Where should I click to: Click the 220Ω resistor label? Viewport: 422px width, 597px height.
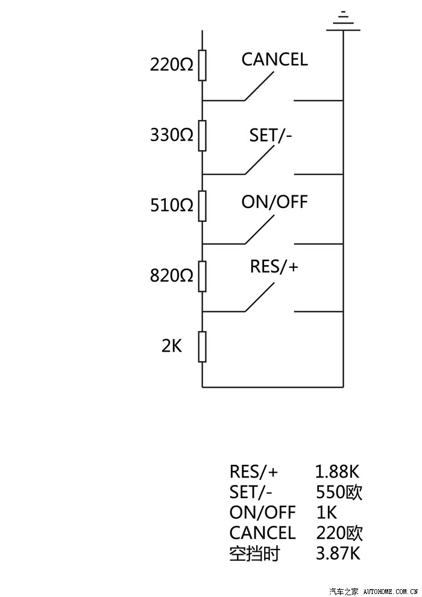coord(172,64)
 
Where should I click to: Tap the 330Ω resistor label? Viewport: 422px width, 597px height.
coord(172,134)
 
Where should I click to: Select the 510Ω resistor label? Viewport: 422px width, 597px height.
coord(172,205)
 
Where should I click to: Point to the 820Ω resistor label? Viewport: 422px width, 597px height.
coord(172,276)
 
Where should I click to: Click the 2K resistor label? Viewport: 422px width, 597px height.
coord(172,346)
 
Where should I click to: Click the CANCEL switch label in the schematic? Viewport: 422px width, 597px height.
coord(274,60)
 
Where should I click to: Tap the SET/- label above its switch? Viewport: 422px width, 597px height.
coord(271,136)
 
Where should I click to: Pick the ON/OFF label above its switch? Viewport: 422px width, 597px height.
coord(274,202)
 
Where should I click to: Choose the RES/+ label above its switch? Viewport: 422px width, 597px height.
coord(274,267)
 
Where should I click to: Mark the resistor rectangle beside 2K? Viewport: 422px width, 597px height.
coord(203,347)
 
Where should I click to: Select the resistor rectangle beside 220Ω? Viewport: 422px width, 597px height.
coord(203,65)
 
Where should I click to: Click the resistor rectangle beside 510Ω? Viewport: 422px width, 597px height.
coord(203,206)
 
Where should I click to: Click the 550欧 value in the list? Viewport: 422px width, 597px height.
coord(339,492)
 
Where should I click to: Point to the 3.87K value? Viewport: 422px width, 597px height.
coord(338,553)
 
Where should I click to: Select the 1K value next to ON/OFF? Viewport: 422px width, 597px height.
coord(326,513)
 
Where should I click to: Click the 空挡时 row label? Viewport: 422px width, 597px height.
coord(254,553)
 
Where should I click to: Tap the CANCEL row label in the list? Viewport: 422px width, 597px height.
coord(262,533)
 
